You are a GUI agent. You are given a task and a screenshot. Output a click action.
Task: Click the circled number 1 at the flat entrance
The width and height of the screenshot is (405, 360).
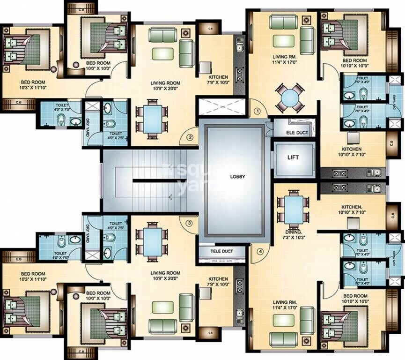(x=257, y=112)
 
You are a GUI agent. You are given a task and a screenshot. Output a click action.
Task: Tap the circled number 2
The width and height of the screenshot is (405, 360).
(x=190, y=137)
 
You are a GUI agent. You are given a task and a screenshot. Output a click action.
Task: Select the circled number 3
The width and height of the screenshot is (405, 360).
(x=189, y=223)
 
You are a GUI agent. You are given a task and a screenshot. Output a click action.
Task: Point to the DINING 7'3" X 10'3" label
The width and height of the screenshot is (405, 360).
(x=294, y=234)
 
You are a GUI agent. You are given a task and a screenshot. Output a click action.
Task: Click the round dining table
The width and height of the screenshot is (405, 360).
(x=289, y=98)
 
